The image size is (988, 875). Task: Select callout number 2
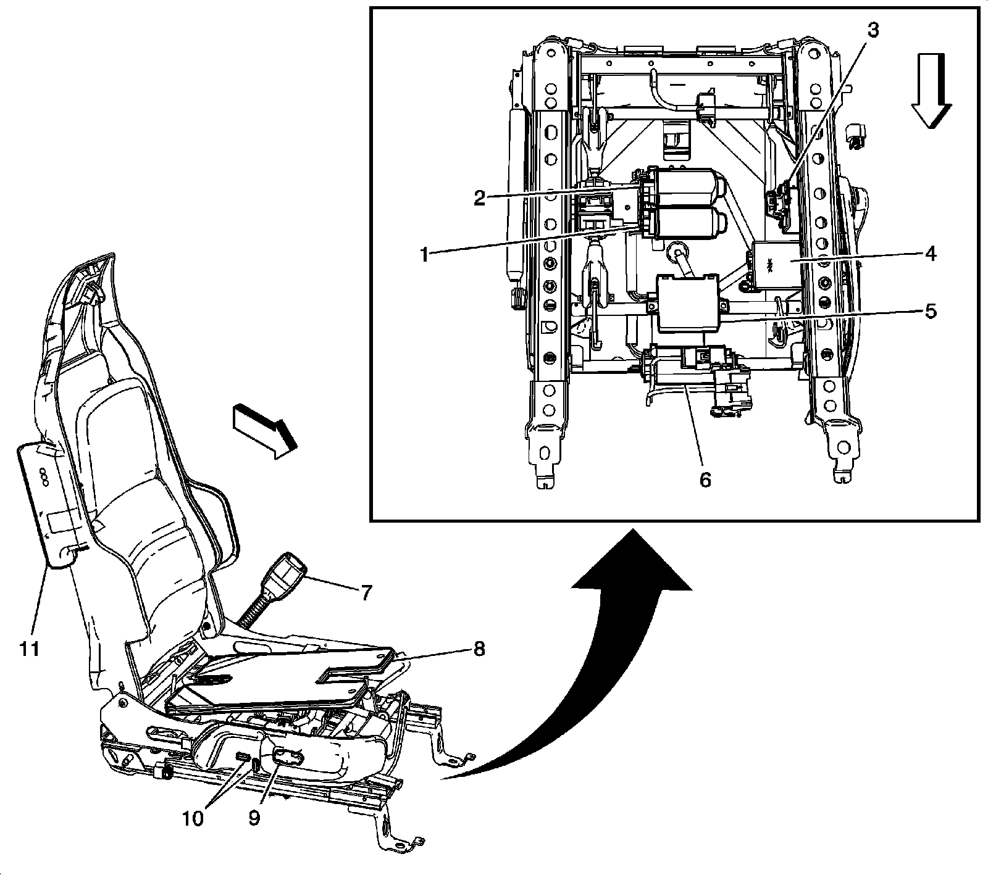coord(480,197)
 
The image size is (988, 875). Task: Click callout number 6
coord(706,479)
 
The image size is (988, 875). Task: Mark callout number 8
coord(479,649)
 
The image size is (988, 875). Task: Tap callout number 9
coord(254,818)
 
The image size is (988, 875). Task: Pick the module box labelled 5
coord(687,304)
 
